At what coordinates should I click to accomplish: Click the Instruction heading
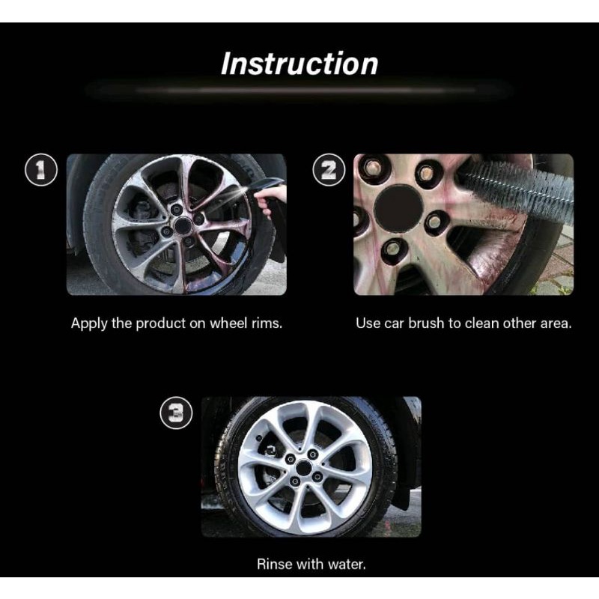tap(299, 64)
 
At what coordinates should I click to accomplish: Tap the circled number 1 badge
tap(41, 170)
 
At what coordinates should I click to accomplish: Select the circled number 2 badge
tap(329, 170)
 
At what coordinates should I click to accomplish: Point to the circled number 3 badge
tap(176, 413)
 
